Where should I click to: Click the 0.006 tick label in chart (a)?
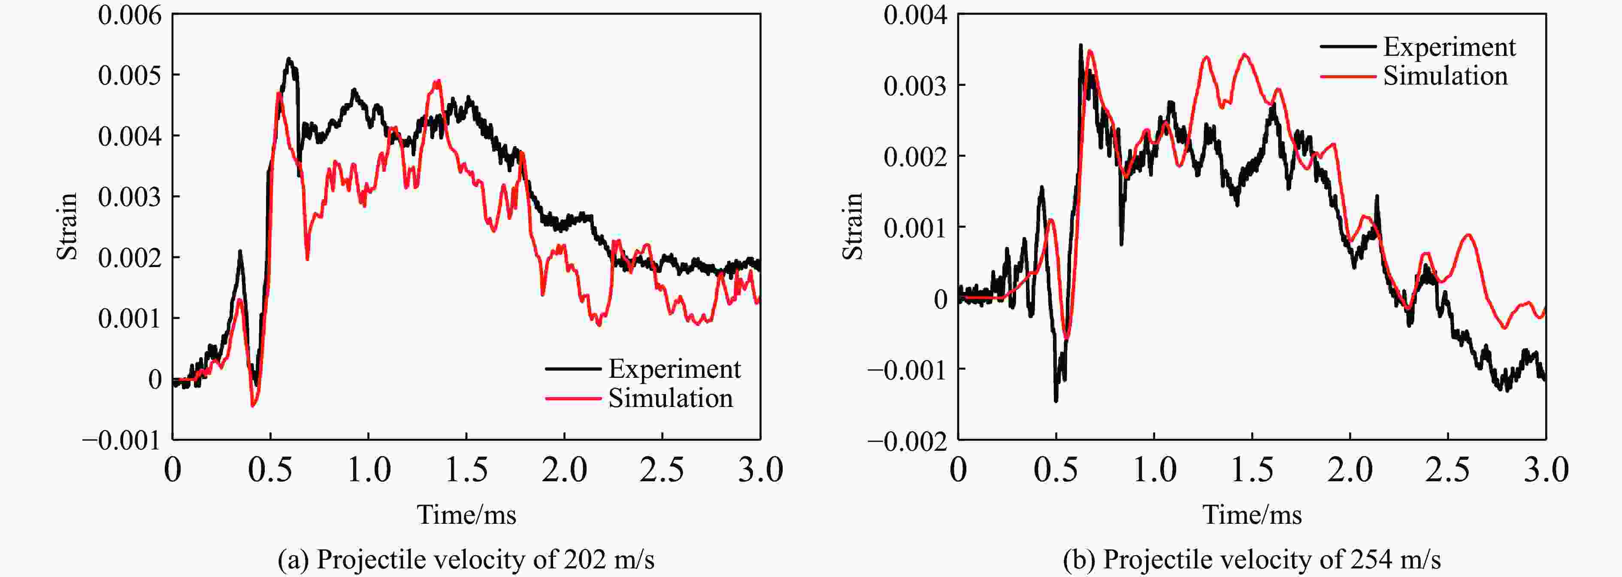pyautogui.click(x=130, y=15)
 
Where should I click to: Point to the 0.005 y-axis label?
pyautogui.click(x=130, y=76)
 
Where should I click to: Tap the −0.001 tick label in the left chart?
pyautogui.click(x=121, y=440)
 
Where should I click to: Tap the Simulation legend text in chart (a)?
pyautogui.click(x=671, y=398)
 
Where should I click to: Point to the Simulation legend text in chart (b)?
pyautogui.click(x=1446, y=76)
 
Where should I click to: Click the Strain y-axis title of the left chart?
pyautogui.click(x=67, y=226)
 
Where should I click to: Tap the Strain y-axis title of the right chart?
pyautogui.click(x=853, y=226)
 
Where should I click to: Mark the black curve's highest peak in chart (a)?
pyautogui.click(x=289, y=59)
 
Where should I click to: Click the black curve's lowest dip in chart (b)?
pyautogui.click(x=1056, y=400)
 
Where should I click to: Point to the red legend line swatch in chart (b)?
pyautogui.click(x=1347, y=76)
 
